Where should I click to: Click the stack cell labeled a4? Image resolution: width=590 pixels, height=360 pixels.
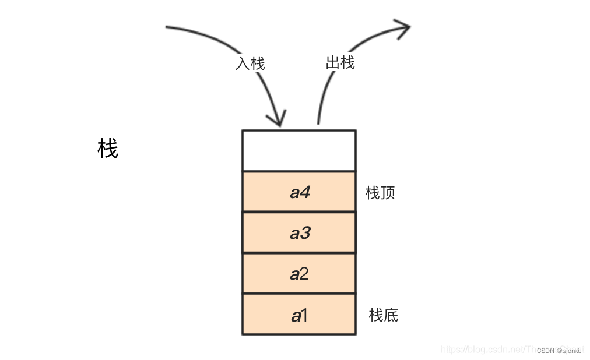coord(298,192)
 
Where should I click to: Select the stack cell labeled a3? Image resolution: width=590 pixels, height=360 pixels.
coord(298,232)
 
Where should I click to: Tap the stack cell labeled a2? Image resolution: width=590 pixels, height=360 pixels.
coord(298,273)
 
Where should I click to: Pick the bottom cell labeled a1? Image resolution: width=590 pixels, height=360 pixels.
coord(298,314)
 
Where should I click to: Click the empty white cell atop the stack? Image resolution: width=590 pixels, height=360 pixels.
coord(298,151)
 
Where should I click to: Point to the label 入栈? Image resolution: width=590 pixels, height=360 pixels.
coord(250,63)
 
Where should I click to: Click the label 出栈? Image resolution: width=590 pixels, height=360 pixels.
coord(340,62)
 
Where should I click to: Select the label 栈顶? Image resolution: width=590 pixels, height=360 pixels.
coord(380,193)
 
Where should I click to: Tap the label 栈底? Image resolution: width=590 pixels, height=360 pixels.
coord(384,315)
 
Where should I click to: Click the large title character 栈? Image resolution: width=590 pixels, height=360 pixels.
coord(108,149)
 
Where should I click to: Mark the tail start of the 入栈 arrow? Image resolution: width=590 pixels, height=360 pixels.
coord(168,27)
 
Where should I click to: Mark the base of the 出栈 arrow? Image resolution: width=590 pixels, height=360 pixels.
coord(318,122)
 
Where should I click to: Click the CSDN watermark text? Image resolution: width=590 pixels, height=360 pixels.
coord(559,350)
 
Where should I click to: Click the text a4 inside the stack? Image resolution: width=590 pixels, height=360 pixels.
coord(300,192)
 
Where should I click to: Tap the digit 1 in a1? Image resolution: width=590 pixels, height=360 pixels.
coord(304,315)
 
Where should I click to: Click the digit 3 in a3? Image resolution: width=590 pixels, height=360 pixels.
coord(305,233)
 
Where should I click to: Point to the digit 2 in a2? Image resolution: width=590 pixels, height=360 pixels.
coord(304,274)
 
